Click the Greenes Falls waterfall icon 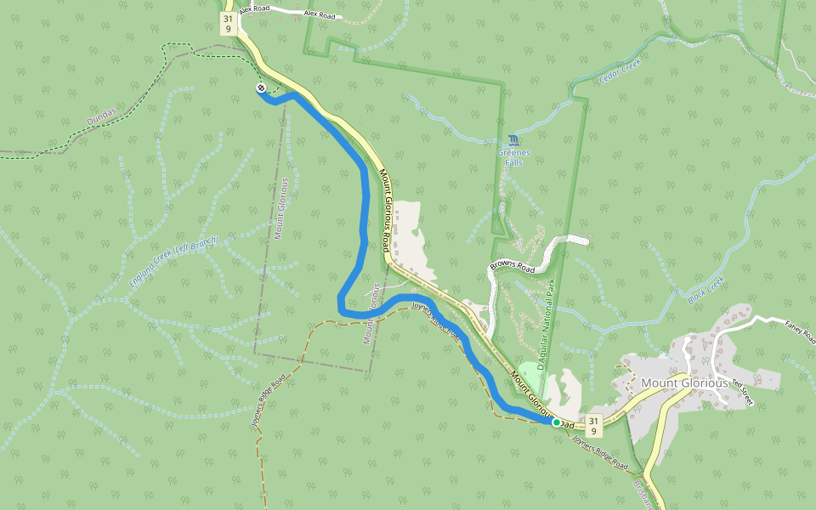point(513,140)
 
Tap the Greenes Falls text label point(513,157)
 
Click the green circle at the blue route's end point(557,422)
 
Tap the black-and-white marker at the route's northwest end point(261,88)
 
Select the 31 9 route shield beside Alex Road point(227,23)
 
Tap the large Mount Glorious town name point(684,382)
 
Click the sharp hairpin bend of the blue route point(341,303)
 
